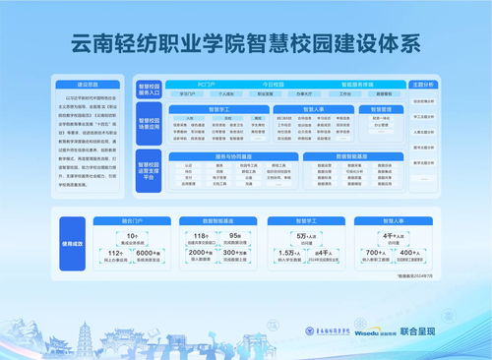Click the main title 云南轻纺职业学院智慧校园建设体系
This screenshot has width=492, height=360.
[x=246, y=43]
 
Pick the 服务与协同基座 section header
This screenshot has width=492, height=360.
[x=234, y=153]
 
